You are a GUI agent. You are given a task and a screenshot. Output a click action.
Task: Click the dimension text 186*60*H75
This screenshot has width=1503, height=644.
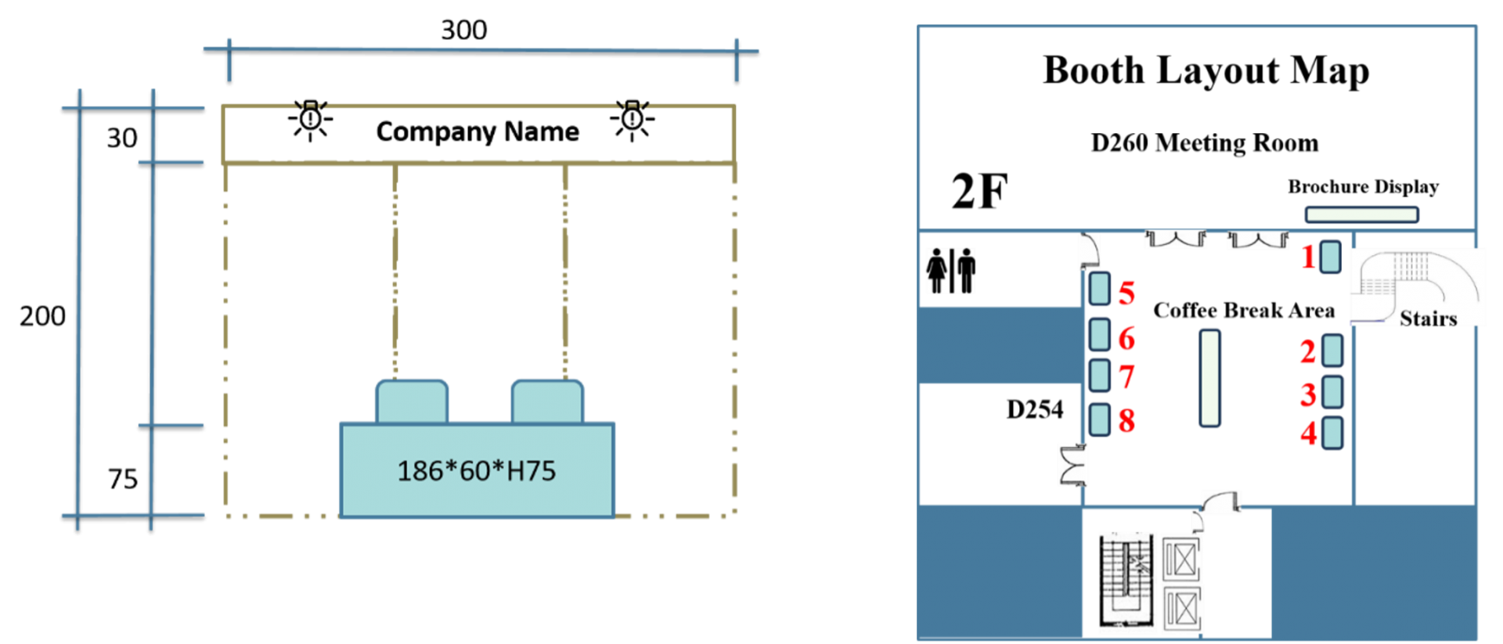pyautogui.click(x=476, y=471)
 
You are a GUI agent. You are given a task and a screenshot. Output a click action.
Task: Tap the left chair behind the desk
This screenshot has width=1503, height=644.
pyautogui.click(x=412, y=401)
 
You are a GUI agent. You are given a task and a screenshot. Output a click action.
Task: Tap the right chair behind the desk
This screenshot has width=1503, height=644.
pyautogui.click(x=547, y=401)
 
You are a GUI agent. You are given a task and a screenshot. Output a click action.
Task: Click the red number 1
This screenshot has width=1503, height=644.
pyautogui.click(x=1308, y=257)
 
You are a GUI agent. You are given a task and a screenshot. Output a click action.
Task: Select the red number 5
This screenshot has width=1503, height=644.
pyautogui.click(x=1126, y=293)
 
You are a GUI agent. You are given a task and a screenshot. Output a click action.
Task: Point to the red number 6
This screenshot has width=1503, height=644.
pyautogui.click(x=1126, y=339)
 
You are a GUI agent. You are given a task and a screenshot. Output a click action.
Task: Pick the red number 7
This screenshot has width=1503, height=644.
pyautogui.click(x=1126, y=377)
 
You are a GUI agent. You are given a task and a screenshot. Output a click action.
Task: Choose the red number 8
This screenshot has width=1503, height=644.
pyautogui.click(x=1126, y=421)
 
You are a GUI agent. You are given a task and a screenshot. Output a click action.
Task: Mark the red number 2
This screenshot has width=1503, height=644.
pyautogui.click(x=1307, y=352)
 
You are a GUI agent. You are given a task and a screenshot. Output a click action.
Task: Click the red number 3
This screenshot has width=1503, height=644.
pyautogui.click(x=1307, y=395)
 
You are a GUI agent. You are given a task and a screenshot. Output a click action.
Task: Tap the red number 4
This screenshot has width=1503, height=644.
pyautogui.click(x=1307, y=434)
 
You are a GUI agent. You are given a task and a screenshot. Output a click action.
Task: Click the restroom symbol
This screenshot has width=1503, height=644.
pyautogui.click(x=950, y=272)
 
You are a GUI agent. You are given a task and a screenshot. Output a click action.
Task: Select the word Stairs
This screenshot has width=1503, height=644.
pyautogui.click(x=1428, y=318)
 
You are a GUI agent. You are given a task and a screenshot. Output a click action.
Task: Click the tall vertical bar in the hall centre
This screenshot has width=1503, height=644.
pyautogui.click(x=1210, y=379)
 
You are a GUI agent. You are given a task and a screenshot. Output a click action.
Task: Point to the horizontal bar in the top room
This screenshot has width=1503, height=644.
pyautogui.click(x=1361, y=214)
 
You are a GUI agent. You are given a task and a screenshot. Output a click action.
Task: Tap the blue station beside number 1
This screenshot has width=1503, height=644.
pyautogui.click(x=1330, y=257)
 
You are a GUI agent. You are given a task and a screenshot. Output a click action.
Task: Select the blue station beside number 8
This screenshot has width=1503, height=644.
pyautogui.click(x=1100, y=419)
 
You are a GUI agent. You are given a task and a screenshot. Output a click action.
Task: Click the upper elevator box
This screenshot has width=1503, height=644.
pyautogui.click(x=1180, y=560)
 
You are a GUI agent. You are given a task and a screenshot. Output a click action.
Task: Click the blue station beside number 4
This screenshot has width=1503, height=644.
pyautogui.click(x=1332, y=434)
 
